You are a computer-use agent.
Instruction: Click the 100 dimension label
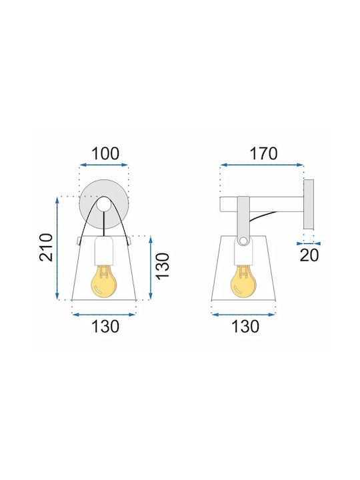coord(105,154)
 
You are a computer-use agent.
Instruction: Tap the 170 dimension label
coord(263,154)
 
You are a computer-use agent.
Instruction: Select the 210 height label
coord(46,247)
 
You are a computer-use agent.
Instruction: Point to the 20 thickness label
coord(309,255)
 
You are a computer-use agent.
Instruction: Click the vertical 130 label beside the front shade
coord(163,266)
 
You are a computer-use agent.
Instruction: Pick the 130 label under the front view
coord(105,326)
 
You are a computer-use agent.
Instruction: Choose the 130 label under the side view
coord(245,326)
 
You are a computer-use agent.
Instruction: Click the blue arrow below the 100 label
coord(104,165)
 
